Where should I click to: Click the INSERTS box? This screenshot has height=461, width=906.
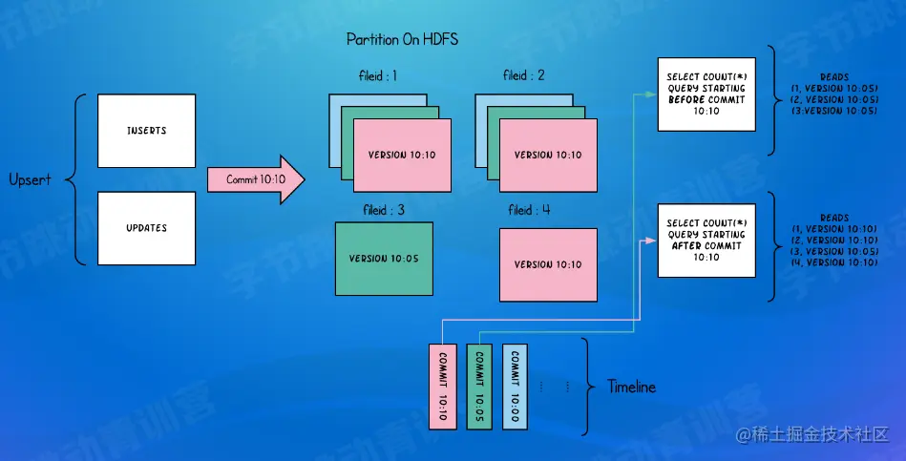click(146, 130)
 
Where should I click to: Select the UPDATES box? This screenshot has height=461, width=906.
click(146, 228)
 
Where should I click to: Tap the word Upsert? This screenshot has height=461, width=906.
click(30, 179)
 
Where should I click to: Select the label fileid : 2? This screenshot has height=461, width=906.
click(523, 75)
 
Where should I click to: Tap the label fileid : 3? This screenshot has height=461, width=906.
click(381, 209)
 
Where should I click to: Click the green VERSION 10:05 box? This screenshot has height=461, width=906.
click(384, 259)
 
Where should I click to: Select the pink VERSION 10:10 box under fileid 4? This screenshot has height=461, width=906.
click(548, 264)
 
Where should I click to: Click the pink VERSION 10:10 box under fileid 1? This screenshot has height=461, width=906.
click(402, 155)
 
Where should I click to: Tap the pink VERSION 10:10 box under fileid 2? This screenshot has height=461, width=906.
click(548, 155)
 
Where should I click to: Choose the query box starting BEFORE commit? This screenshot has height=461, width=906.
click(706, 94)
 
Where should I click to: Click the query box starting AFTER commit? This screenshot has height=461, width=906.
click(706, 239)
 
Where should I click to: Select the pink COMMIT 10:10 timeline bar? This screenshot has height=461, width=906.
click(443, 385)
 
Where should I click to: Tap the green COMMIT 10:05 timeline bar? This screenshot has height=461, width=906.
click(478, 385)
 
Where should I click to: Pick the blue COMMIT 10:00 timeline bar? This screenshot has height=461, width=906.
click(514, 385)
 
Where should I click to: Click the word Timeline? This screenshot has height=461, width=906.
click(632, 387)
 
